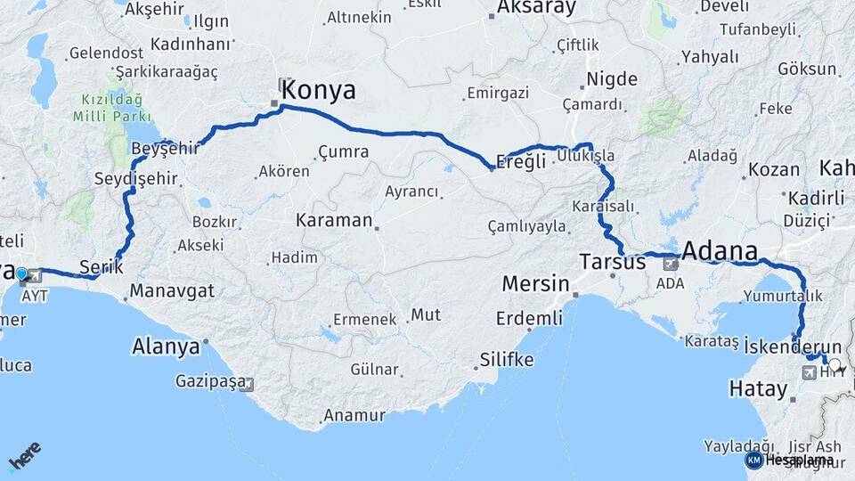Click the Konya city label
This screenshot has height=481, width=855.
pos(319,90)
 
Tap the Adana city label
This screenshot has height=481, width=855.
pos(720,250)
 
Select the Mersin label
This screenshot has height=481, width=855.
pos(535,284)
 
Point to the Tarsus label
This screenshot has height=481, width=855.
pos(612,263)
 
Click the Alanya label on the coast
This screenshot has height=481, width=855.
pos(166,346)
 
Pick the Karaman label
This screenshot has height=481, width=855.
pos(334,219)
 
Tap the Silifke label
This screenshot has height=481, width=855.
pos(507,360)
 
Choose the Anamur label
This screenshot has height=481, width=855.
pos(354,415)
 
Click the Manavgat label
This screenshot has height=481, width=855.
pos(172,290)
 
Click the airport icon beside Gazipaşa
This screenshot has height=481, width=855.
pos(247,385)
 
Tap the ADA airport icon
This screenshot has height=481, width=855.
pos(670,264)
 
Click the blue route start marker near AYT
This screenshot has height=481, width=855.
pos(21,273)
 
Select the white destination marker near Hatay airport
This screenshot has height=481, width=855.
pos(835,363)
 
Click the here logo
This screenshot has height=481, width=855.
pos(25,456)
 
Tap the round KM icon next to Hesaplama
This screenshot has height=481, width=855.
pos(753,460)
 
